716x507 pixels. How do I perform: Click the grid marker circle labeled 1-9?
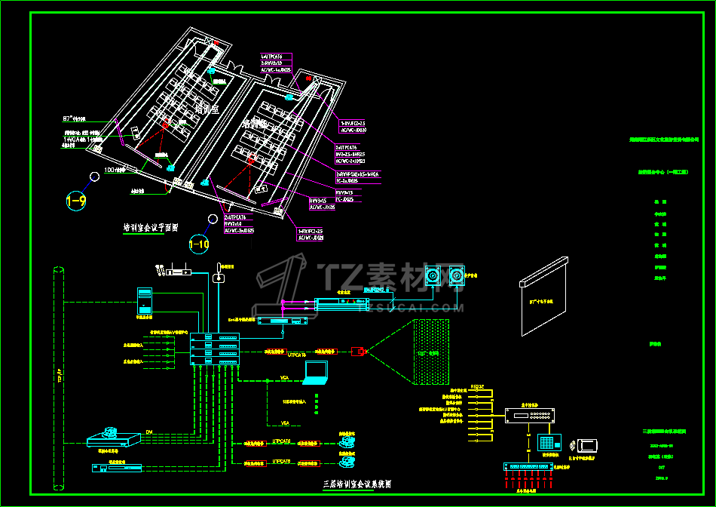pos(76,201)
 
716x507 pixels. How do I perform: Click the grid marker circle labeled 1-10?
pos(199,244)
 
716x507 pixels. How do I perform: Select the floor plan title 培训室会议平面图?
pos(151,227)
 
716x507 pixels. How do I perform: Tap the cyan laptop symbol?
pos(316,373)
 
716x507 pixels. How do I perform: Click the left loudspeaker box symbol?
pos(433,278)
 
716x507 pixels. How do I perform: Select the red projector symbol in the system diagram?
pos(359,351)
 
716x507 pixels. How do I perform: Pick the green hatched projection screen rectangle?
pos(431,350)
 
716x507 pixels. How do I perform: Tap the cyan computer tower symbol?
pos(144,300)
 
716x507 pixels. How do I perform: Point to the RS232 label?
pos(477,386)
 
